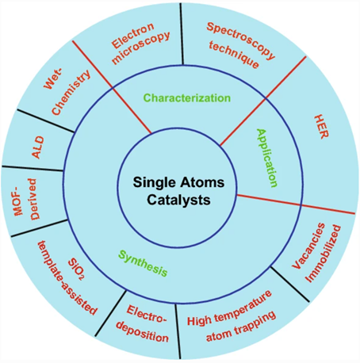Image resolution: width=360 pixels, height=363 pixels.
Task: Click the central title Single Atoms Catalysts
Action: tap(178, 191)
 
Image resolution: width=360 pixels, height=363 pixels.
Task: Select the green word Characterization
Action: tap(187, 98)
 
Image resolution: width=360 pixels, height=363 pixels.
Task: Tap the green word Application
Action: tap(267, 158)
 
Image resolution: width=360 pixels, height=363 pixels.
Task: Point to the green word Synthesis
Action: tap(143, 263)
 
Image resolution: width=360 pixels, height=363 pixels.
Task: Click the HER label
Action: tap(321, 127)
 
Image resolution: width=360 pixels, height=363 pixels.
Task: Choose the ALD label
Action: tap(38, 147)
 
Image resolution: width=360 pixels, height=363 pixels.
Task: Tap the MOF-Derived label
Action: tap(26, 199)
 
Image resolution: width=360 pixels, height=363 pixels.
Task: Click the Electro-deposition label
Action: tap(143, 323)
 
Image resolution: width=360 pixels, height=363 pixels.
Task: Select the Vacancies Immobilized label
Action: tap(316, 253)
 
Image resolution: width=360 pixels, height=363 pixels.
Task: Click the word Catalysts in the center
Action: tap(178, 200)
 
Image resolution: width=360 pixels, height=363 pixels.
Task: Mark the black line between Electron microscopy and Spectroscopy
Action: tap(182, 33)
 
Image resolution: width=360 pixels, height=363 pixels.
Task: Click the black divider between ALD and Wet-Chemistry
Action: tap(46, 120)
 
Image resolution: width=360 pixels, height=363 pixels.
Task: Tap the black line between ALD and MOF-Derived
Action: tap(33, 169)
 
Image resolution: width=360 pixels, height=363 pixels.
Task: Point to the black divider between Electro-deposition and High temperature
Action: tap(178, 331)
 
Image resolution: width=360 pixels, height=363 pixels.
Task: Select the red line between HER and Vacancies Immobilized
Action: tap(297, 204)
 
